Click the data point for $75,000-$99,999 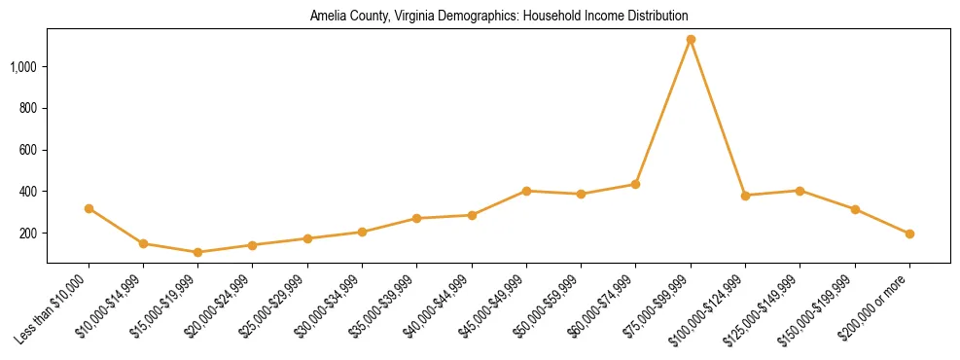pos(691,40)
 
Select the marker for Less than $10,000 pos(89,208)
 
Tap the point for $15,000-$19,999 pos(197,252)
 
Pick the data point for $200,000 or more pos(909,234)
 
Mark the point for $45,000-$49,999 pos(526,191)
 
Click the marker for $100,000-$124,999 pos(745,196)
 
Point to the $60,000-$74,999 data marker pos(635,184)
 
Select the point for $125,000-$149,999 pos(800,191)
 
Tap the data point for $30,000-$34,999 pos(362,232)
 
